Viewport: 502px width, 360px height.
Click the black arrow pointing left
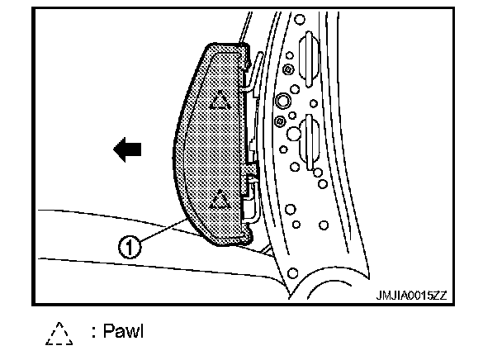[128, 149]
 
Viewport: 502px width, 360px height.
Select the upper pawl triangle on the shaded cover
[219, 101]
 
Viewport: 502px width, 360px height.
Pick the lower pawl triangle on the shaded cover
[219, 199]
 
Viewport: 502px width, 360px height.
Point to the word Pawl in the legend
[124, 334]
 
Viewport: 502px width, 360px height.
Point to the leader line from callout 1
[161, 232]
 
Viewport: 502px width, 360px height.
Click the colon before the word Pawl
[94, 334]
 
